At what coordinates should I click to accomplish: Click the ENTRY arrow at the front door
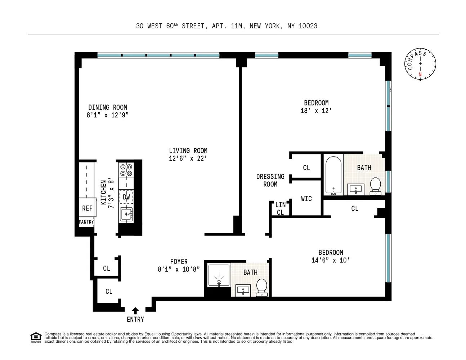pyautogui.click(x=135, y=311)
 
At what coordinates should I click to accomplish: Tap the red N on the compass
pyautogui.click(x=420, y=75)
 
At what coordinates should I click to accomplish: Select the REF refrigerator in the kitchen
pyautogui.click(x=87, y=208)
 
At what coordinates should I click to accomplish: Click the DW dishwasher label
pyautogui.click(x=126, y=197)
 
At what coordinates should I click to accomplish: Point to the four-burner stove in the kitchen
pyautogui.click(x=126, y=170)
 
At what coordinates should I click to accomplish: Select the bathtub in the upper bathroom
pyautogui.click(x=333, y=175)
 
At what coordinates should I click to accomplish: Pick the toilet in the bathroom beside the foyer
pyautogui.click(x=262, y=287)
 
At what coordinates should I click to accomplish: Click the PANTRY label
pyautogui.click(x=86, y=222)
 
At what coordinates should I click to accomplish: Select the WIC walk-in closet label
pyautogui.click(x=306, y=199)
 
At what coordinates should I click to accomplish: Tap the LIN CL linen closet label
pyautogui.click(x=281, y=208)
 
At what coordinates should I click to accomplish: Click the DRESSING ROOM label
pyautogui.click(x=270, y=180)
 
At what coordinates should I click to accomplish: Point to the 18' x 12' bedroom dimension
pyautogui.click(x=316, y=111)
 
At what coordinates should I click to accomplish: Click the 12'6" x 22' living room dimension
pyautogui.click(x=188, y=158)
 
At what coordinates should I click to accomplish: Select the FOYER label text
pyautogui.click(x=179, y=262)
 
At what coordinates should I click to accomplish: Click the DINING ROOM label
pyautogui.click(x=108, y=107)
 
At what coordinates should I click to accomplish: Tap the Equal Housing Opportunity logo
pyautogui.click(x=36, y=337)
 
